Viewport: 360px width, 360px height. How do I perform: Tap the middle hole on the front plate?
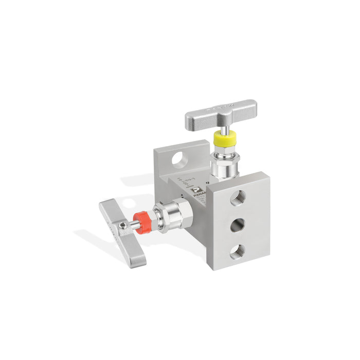coord(237,225)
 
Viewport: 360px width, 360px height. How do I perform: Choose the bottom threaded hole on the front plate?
coord(237,251)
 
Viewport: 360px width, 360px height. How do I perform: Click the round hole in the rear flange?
coord(178,159)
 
